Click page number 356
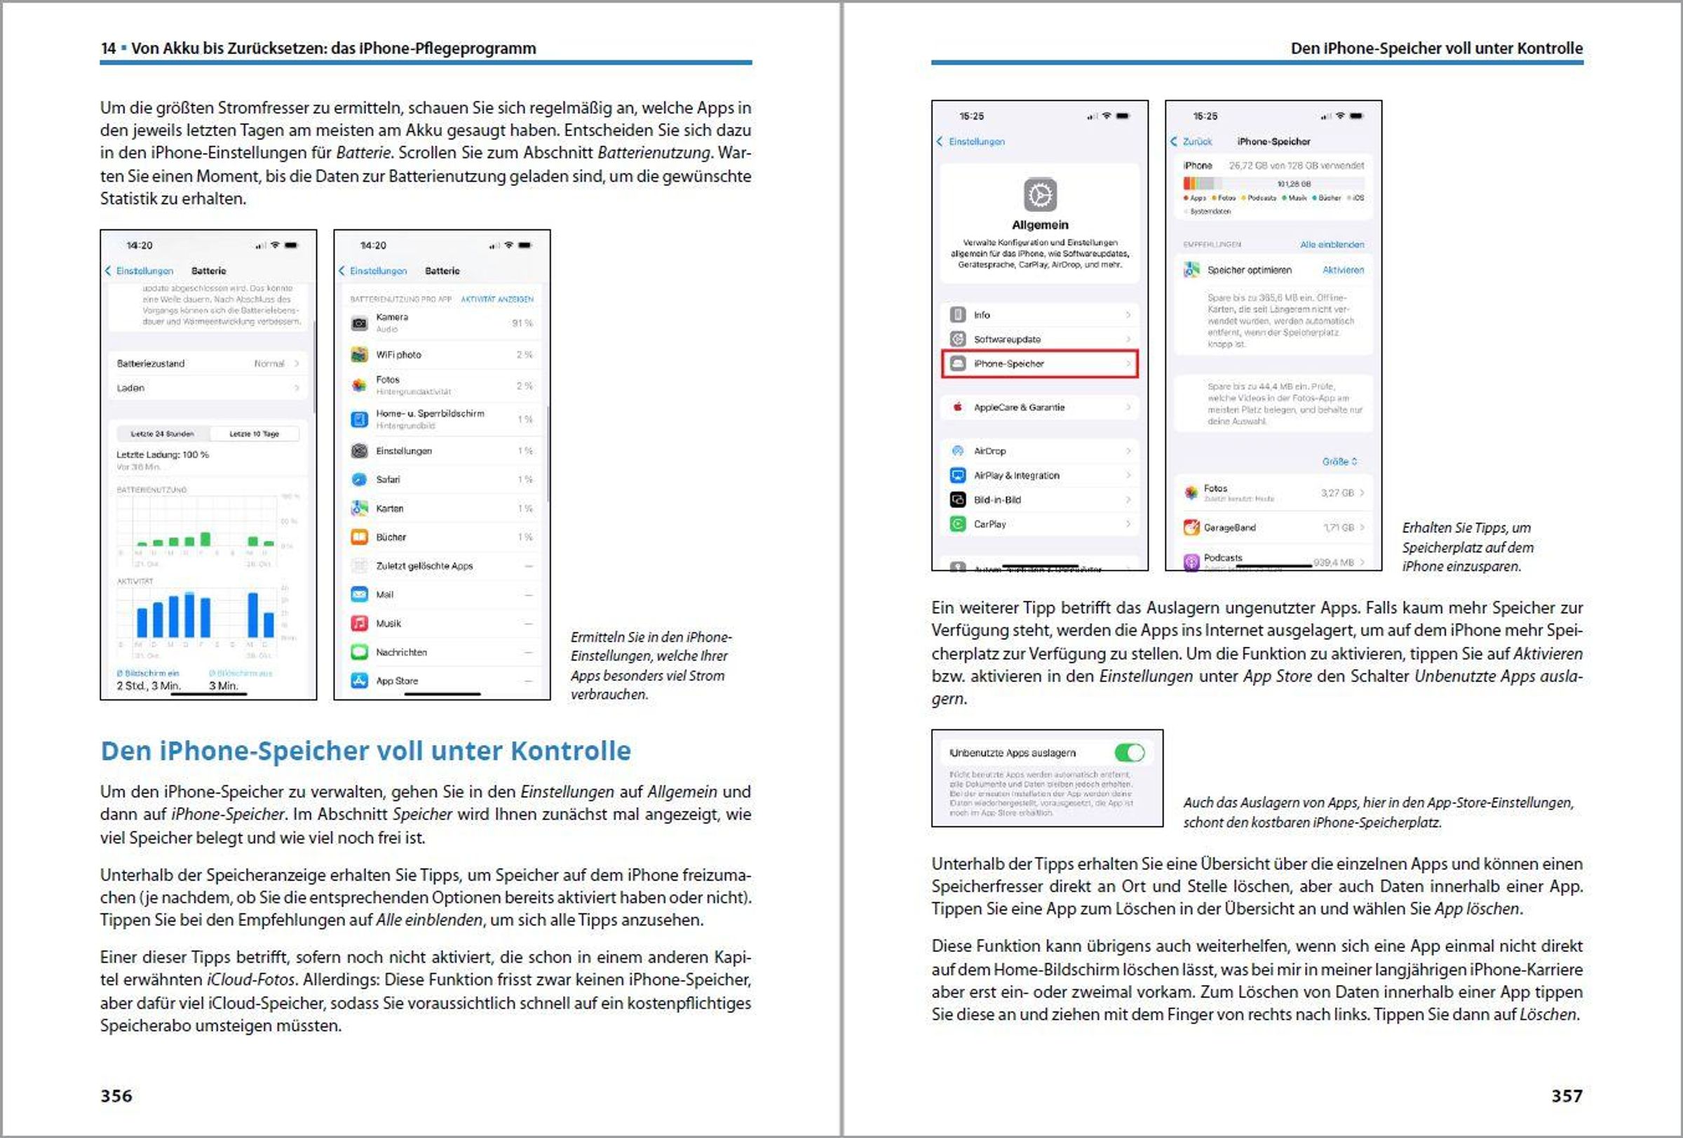coord(116,1095)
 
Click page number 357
coord(1567,1095)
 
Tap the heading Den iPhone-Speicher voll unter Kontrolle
coord(366,751)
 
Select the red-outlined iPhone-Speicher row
coord(1039,363)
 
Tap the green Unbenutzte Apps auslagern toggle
coord(1129,753)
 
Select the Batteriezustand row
coord(208,363)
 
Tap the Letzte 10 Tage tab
coord(253,434)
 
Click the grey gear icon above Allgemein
coord(1040,195)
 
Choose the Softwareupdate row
coord(1039,339)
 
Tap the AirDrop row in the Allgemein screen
coord(1039,450)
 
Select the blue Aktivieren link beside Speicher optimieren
coord(1343,270)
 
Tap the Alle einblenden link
coord(1332,245)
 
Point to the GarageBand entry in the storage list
coord(1229,528)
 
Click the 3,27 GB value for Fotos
coord(1336,493)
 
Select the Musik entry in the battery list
coord(388,623)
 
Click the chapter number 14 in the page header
coord(108,48)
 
